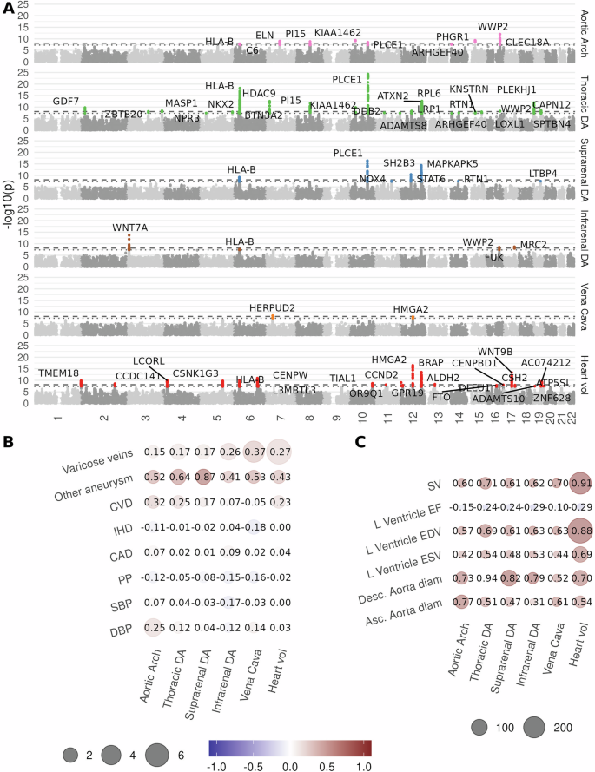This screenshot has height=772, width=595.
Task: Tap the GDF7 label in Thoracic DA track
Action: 66,102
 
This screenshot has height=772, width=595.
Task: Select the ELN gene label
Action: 265,36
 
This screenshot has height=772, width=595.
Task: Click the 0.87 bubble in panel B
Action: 205,476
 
